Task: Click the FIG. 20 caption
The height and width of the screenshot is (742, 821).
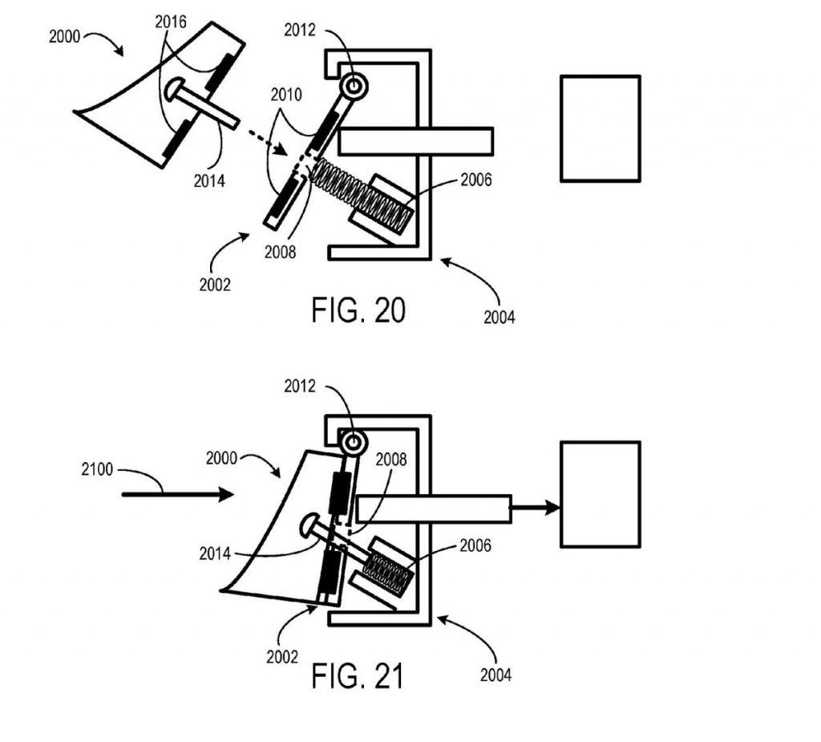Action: pyautogui.click(x=358, y=310)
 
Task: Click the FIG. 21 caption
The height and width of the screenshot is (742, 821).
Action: pyautogui.click(x=358, y=675)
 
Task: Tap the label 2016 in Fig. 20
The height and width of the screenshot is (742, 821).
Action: pyautogui.click(x=171, y=22)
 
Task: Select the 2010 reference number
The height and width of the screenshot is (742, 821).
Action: pyautogui.click(x=286, y=95)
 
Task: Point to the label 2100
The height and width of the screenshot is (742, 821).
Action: pyautogui.click(x=97, y=469)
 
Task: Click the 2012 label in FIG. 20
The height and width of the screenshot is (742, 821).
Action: pyautogui.click(x=300, y=30)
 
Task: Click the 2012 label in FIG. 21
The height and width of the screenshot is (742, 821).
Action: pyautogui.click(x=300, y=386)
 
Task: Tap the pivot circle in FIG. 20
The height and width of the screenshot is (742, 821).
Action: pyautogui.click(x=354, y=85)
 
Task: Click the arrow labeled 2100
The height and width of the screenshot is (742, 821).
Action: pyautogui.click(x=178, y=494)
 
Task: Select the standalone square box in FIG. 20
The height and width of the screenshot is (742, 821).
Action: pyautogui.click(x=601, y=129)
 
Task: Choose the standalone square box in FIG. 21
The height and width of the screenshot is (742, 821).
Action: pyautogui.click(x=601, y=495)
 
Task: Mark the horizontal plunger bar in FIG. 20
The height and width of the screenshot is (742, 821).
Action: pyautogui.click(x=416, y=141)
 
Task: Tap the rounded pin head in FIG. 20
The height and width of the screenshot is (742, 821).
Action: pyautogui.click(x=173, y=90)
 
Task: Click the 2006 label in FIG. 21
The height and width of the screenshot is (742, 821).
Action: pyautogui.click(x=475, y=545)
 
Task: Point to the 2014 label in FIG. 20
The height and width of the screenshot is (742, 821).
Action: pyautogui.click(x=209, y=180)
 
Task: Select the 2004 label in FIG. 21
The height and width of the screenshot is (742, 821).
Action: pyautogui.click(x=495, y=675)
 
